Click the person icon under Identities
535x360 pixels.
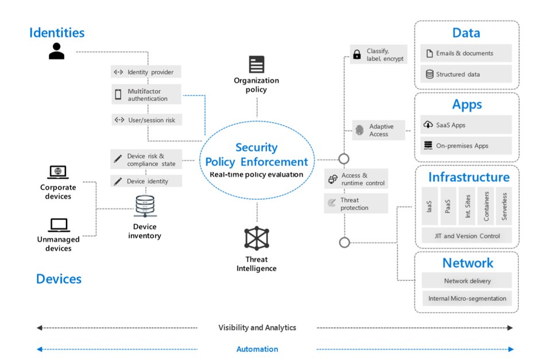tap(56, 51)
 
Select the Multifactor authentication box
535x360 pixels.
tap(146, 95)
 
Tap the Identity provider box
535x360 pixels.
tap(146, 72)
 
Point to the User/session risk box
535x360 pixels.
tap(146, 120)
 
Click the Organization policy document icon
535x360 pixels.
tap(257, 64)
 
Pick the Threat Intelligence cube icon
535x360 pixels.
tap(257, 238)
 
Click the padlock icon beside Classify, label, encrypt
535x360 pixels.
tap(357, 54)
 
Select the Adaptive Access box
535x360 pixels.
tap(378, 130)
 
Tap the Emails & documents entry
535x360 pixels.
tap(466, 53)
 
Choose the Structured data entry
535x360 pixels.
tap(466, 74)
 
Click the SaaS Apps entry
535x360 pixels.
tap(466, 125)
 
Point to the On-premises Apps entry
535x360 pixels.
tap(466, 146)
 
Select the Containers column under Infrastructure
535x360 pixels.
tap(486, 206)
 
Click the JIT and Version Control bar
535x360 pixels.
tap(467, 236)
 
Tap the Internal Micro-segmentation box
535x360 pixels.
tap(467, 299)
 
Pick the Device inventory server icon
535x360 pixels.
tap(145, 206)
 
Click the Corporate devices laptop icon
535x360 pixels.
tap(58, 172)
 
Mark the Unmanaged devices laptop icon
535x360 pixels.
tap(59, 225)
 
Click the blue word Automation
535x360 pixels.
tap(257, 349)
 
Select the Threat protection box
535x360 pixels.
tap(356, 204)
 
